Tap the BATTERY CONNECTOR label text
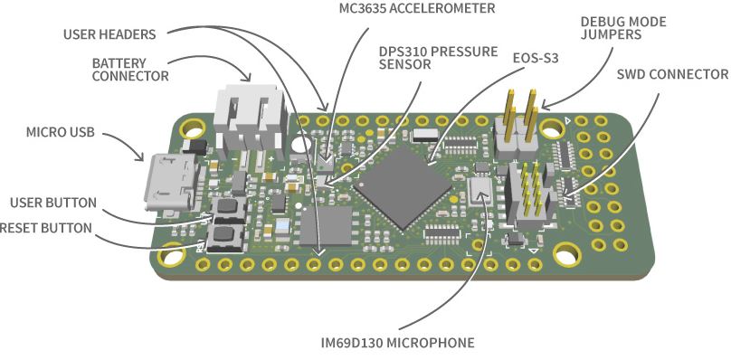pyautogui.click(x=130, y=70)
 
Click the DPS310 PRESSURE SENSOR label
pyautogui.click(x=439, y=59)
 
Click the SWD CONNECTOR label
pyautogui.click(x=672, y=73)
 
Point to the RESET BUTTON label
pyautogui.click(x=45, y=228)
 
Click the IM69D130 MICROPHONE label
pyautogui.click(x=397, y=343)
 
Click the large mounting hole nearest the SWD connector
pyautogui.click(x=568, y=255)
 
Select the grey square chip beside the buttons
pyautogui.click(x=326, y=225)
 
